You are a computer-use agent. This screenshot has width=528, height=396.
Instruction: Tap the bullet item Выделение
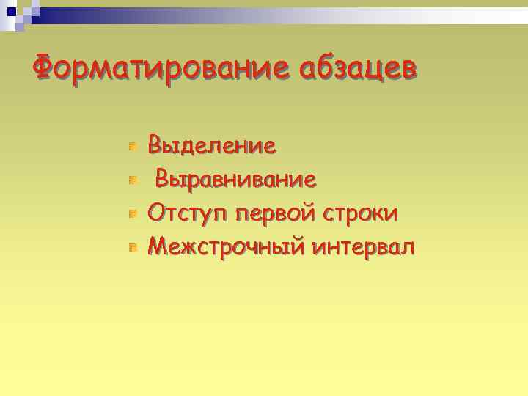(x=212, y=145)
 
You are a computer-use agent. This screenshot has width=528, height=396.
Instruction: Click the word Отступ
(x=186, y=213)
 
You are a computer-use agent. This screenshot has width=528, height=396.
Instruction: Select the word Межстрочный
(x=227, y=247)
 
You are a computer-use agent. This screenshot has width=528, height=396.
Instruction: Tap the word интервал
(x=363, y=247)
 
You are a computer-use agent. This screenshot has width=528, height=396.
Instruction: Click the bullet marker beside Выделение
(x=132, y=147)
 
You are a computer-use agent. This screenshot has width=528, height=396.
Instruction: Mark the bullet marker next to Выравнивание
(x=132, y=180)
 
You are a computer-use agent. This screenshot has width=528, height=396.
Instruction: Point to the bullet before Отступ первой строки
(x=132, y=214)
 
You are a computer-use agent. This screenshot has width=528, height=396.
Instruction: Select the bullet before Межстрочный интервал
(x=132, y=248)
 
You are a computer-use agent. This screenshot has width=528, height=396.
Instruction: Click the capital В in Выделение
(x=156, y=145)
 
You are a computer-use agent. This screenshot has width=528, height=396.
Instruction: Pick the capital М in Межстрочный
(x=158, y=247)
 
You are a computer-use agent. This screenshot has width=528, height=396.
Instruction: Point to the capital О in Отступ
(x=158, y=213)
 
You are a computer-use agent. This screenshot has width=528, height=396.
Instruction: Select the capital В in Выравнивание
(x=164, y=179)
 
